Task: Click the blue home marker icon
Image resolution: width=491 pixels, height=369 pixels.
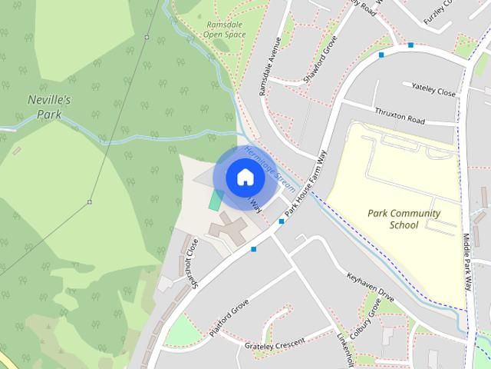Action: pyautogui.click(x=245, y=177)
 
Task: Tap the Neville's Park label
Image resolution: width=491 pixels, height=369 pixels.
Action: pyautogui.click(x=49, y=107)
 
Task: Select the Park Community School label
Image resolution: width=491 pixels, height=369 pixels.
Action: pyautogui.click(x=404, y=219)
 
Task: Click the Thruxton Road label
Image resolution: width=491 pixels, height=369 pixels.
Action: pyautogui.click(x=400, y=116)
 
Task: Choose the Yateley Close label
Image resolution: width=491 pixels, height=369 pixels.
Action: pyautogui.click(x=433, y=89)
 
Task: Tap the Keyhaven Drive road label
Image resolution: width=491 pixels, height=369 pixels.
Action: pyautogui.click(x=370, y=285)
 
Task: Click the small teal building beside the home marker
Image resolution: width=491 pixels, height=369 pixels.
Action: pyautogui.click(x=216, y=199)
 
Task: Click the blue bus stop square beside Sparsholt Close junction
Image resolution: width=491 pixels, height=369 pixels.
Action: pyautogui.click(x=254, y=248)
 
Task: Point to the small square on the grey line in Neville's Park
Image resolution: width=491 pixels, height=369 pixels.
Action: pyautogui.click(x=90, y=202)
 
